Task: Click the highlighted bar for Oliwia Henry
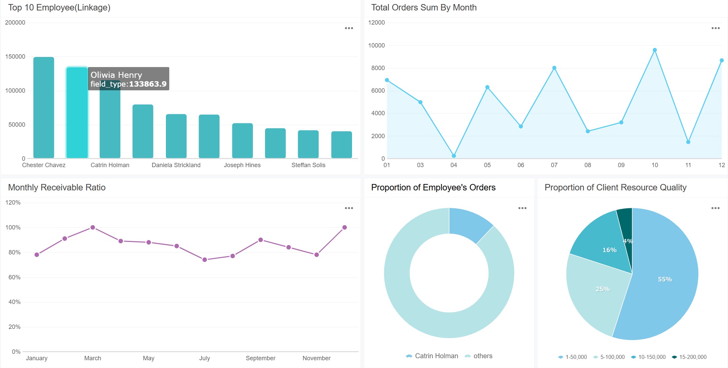click(77, 115)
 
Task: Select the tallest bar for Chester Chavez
click(44, 108)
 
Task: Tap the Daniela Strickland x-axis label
click(176, 165)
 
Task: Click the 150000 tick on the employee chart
click(15, 57)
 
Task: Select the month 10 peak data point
click(654, 50)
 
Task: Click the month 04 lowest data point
click(454, 156)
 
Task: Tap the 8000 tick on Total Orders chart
click(378, 68)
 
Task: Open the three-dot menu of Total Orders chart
click(716, 28)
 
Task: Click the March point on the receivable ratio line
click(93, 227)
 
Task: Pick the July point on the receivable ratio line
click(205, 259)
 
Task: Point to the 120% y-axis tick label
click(13, 203)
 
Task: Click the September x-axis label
click(260, 358)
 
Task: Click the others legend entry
click(483, 356)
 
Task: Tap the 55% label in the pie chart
click(665, 279)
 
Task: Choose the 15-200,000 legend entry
click(692, 357)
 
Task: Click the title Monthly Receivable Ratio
click(57, 187)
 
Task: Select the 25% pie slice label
click(602, 289)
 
